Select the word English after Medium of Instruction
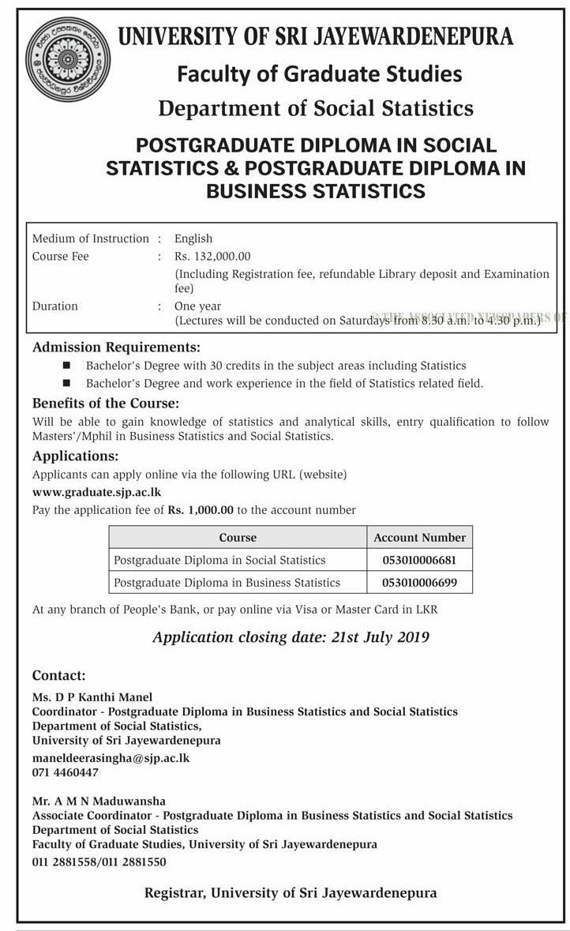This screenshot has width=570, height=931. [193, 238]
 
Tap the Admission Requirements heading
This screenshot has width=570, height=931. [116, 347]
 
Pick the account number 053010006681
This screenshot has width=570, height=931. [419, 560]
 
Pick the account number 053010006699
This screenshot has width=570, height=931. [419, 583]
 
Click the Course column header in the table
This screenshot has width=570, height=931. [238, 537]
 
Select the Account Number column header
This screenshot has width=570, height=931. [419, 537]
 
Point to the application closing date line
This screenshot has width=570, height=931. [291, 636]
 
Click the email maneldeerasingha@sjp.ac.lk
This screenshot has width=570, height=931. [111, 757]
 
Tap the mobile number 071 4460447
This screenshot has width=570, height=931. [66, 772]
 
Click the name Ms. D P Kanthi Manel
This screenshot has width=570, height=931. [92, 696]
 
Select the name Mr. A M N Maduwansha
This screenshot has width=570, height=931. [99, 801]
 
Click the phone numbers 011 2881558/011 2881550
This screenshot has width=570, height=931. [99, 862]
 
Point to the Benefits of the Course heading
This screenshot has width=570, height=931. [106, 404]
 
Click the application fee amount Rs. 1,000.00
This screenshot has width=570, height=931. [201, 510]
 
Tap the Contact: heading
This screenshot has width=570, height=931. [58, 675]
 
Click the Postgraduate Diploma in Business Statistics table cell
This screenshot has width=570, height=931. [227, 583]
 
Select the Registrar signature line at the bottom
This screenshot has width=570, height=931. [291, 893]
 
